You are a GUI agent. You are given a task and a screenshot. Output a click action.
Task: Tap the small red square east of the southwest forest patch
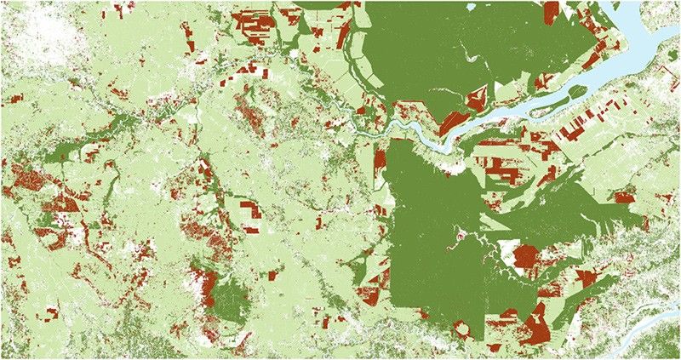[x=274, y=276]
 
